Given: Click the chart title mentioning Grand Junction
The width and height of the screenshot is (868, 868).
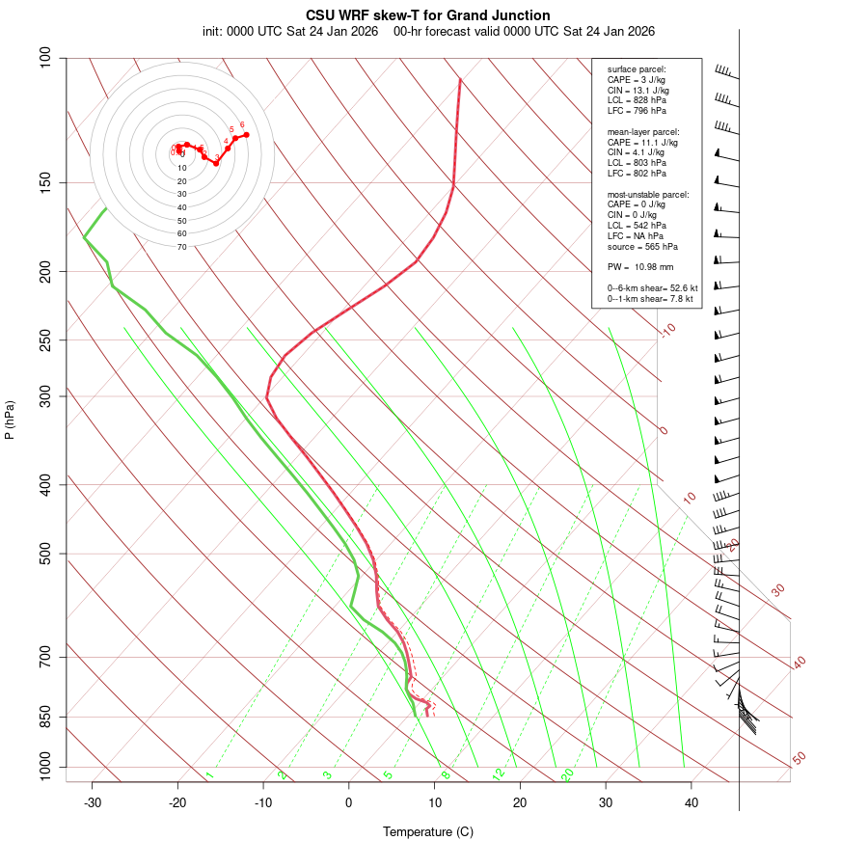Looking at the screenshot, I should [428, 15].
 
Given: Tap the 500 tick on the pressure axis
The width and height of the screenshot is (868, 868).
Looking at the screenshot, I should [46, 554].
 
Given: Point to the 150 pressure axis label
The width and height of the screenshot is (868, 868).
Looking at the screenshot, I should [46, 182].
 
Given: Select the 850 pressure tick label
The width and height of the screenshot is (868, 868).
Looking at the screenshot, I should [46, 717].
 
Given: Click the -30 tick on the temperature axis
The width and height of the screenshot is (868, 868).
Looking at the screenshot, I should [93, 802].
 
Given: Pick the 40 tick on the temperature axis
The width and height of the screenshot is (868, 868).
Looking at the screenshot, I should [692, 802].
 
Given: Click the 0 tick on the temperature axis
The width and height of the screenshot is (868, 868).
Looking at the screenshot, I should [349, 802].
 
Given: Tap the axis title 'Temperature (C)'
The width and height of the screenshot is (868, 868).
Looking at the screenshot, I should [428, 831].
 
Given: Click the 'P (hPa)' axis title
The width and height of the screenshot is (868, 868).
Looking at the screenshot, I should [10, 420].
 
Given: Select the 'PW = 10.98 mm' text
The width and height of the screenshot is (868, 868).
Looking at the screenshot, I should [640, 266].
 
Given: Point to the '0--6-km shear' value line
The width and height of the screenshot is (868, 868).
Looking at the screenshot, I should [652, 287].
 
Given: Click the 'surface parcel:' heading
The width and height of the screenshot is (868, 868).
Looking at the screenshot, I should [637, 69].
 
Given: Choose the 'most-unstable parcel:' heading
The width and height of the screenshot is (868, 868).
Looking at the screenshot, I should [648, 194].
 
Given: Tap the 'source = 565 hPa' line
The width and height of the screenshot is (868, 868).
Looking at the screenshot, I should [642, 248].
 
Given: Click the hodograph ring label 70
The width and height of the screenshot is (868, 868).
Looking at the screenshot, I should [182, 247].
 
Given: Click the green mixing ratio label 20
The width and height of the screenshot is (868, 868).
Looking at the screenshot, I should [568, 773].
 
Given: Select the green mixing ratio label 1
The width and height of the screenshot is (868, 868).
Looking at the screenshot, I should [209, 774].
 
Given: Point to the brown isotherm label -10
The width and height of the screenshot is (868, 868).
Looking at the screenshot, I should [667, 330].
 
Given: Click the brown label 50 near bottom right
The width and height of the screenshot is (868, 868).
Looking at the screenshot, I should [799, 758].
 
